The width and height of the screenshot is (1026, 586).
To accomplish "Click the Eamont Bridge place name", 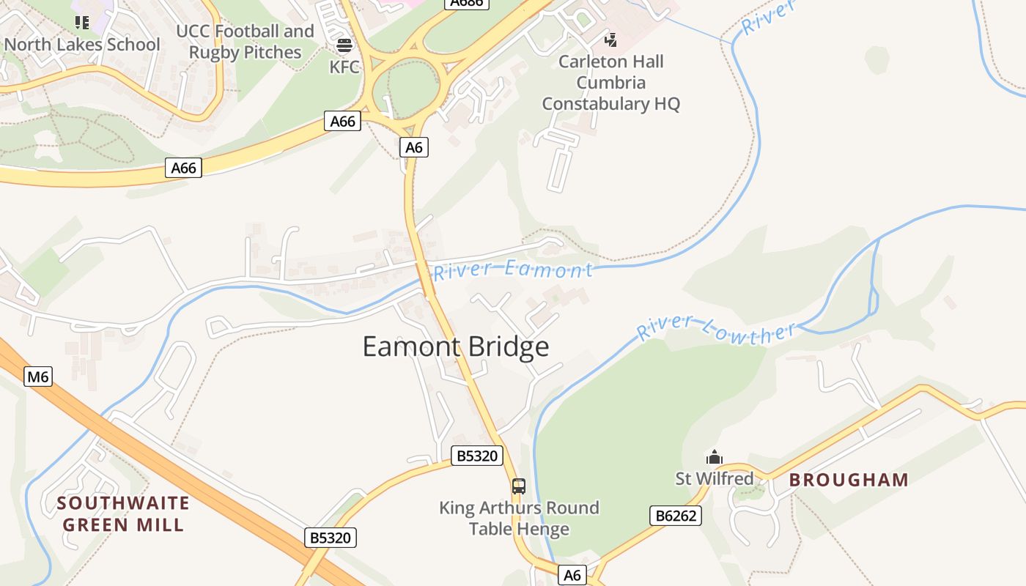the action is pos(456,346).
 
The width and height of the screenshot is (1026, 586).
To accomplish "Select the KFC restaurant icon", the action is pos(344,46).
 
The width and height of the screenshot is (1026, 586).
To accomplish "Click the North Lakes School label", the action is pos(82,45).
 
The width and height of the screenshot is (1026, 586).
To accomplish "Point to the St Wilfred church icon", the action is pos(714,458).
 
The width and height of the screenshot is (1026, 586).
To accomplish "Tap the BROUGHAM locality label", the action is pos(849,481).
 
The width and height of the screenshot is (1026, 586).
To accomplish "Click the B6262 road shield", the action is pos(676,516).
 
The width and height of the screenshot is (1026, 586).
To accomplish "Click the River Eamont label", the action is pos(512,270).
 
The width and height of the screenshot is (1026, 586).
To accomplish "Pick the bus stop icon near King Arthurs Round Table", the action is pos(519,486).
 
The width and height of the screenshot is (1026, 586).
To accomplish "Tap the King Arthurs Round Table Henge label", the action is pos(519,518).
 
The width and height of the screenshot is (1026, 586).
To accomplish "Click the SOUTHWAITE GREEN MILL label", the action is pos(123,514).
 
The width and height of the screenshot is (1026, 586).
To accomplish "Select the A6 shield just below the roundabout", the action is pos(414,147).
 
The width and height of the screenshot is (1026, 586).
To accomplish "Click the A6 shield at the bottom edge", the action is pos(572,576).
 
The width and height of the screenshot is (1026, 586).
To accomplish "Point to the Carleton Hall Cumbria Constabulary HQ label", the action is pos(610,83).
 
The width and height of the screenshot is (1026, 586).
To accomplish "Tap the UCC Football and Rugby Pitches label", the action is pos(245,42).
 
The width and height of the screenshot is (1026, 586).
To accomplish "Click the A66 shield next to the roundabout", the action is pos(342,121).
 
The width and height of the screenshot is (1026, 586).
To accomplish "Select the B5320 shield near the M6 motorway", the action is pos(331,538).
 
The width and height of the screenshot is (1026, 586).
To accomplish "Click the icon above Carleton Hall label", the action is pos(610,40).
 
